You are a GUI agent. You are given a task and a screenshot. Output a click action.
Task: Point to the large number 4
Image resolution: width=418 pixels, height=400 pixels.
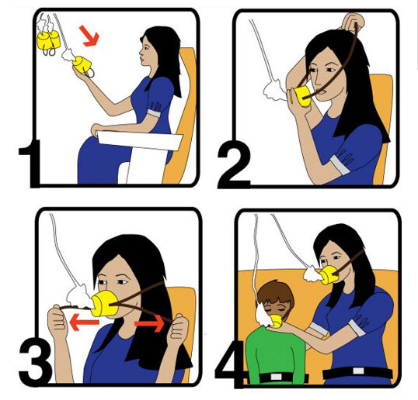pyautogui.click(x=231, y=363)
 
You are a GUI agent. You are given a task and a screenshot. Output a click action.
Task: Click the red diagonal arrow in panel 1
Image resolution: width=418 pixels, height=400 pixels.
pyautogui.click(x=89, y=36)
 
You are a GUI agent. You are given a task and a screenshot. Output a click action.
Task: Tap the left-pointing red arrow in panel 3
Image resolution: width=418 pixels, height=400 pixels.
pyautogui.click(x=84, y=322)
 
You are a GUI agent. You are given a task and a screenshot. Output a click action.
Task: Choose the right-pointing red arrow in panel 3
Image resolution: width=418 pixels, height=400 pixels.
pyautogui.click(x=149, y=323)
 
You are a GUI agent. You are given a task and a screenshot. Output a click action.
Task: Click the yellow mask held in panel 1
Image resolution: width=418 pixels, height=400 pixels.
pyautogui.click(x=82, y=64)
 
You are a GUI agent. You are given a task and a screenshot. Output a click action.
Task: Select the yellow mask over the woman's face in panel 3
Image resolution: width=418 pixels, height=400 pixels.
pyautogui.click(x=104, y=303)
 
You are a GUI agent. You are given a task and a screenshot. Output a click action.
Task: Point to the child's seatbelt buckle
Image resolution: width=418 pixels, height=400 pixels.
pyautogui.click(x=276, y=377)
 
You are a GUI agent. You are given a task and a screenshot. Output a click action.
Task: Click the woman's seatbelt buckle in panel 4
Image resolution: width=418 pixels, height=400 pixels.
pyautogui.click(x=358, y=371)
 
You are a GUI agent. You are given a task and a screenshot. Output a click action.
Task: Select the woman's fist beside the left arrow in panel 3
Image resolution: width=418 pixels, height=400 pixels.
pyautogui.click(x=57, y=321)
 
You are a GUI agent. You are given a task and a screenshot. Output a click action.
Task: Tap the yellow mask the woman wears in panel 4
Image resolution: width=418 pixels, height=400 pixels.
pyautogui.click(x=329, y=275)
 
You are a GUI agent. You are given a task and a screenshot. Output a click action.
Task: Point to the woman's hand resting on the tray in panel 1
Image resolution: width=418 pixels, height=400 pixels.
pyautogui.click(x=97, y=129)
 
